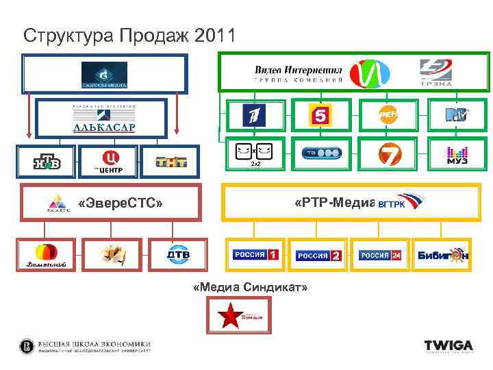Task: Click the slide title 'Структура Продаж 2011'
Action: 129,35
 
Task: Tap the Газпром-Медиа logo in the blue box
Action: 104,75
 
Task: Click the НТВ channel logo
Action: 47,162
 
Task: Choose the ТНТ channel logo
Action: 171,162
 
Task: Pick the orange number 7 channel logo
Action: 388,154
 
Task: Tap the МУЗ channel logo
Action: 456,154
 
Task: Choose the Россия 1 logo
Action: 255,256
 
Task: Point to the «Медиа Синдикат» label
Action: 251,288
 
